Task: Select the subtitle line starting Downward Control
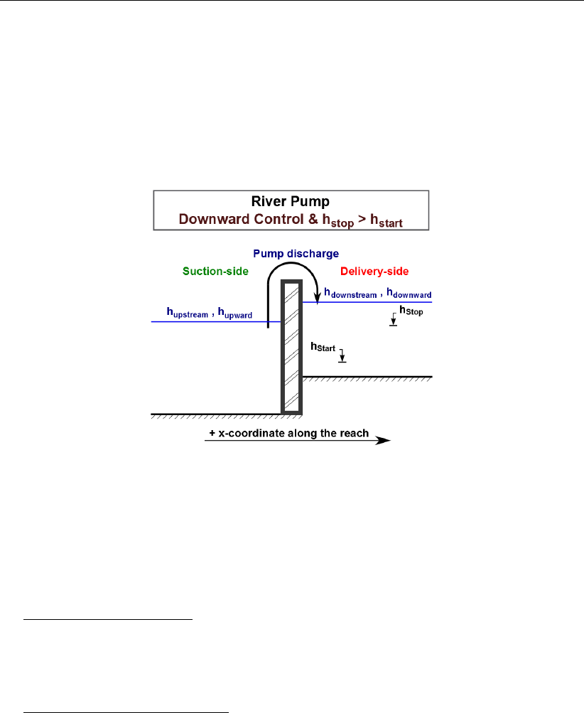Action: tap(291, 220)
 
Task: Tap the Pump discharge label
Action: tap(296, 254)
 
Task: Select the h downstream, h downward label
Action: tap(377, 293)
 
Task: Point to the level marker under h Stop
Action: tap(393, 321)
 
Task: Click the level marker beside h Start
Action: tap(342, 357)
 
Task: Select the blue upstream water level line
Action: tap(213, 322)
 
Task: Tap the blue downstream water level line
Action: tap(369, 302)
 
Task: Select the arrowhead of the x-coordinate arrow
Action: tap(384, 441)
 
